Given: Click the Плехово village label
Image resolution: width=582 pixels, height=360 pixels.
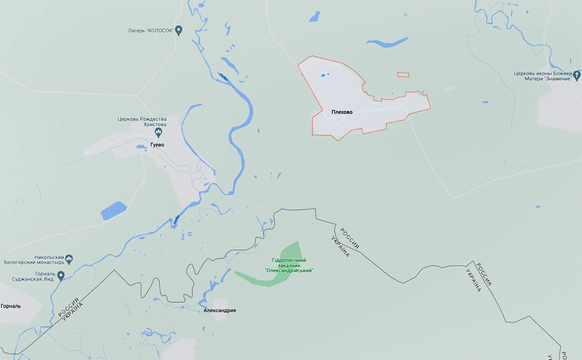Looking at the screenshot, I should click(x=342, y=112).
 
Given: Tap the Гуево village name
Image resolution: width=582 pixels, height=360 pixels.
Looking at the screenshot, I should click(x=157, y=145).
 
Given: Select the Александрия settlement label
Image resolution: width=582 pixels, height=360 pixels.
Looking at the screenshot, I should click(x=219, y=311).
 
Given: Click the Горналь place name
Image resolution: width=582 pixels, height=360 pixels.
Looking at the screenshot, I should click(x=11, y=306).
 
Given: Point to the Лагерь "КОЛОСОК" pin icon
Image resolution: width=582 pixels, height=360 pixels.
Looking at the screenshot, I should click(x=179, y=30).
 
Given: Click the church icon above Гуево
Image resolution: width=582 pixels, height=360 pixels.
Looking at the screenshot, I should click(x=158, y=132).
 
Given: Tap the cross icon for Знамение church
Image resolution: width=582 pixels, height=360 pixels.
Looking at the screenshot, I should click(x=577, y=75).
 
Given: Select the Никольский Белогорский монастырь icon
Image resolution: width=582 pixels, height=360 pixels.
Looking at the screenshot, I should click(x=69, y=258).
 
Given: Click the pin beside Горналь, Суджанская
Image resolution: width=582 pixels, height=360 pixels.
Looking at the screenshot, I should click(x=61, y=275).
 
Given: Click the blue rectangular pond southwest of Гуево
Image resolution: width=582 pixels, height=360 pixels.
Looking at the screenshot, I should click(x=114, y=211).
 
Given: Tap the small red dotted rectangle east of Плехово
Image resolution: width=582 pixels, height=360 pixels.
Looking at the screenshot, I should click(x=403, y=75).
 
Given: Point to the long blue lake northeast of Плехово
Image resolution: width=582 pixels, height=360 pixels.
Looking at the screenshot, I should click(x=388, y=43).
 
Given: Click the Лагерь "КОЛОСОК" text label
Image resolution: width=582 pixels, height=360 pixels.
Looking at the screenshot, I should click(x=150, y=31).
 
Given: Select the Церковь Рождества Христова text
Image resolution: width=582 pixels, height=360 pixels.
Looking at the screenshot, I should click(x=142, y=122).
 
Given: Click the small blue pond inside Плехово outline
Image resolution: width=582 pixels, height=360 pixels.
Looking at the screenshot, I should click(x=324, y=75).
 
